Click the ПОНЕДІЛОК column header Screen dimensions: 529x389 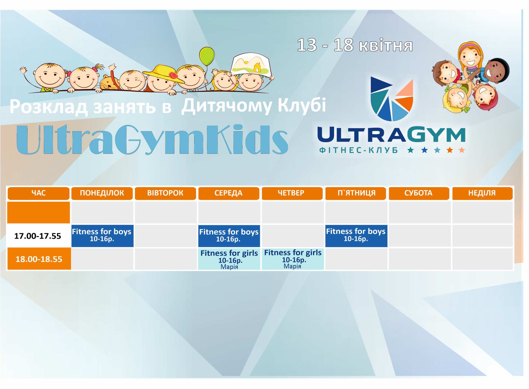[102, 193]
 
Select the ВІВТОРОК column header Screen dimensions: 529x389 [165, 193]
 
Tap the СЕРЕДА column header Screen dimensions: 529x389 [229, 193]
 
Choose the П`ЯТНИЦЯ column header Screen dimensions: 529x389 [356, 193]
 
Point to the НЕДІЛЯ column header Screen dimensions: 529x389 [482, 193]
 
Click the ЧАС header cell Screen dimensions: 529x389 [39, 193]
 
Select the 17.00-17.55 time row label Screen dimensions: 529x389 [38, 236]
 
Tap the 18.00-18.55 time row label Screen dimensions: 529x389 [39, 259]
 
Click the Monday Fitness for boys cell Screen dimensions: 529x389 [102, 236]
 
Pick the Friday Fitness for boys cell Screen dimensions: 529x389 [356, 236]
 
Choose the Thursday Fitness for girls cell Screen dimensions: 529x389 [293, 259]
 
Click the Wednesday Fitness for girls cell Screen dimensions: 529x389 [229, 259]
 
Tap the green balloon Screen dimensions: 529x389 [207, 56]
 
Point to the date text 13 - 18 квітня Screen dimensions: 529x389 [355, 45]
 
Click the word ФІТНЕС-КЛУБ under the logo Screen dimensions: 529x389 [358, 150]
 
